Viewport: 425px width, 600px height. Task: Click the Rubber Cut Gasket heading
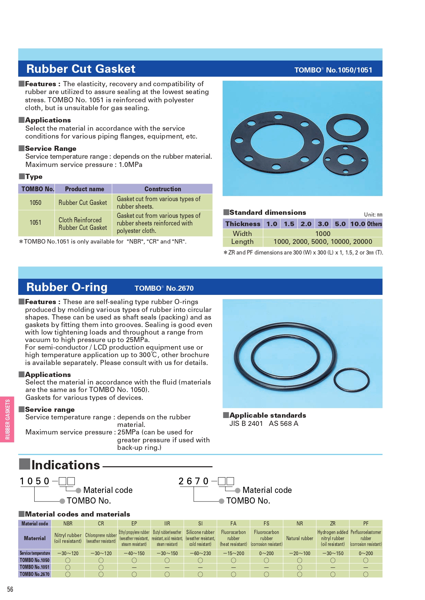81,69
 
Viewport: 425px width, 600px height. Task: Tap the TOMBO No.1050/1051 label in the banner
333,70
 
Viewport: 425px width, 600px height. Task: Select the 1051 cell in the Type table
35,223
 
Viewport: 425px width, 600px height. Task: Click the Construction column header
162,189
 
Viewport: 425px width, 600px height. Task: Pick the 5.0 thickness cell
340,224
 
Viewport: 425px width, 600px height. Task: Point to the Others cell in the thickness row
374,224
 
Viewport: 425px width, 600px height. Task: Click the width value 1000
323,234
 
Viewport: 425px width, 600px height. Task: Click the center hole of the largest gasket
277,141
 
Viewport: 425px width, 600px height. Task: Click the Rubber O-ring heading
67,287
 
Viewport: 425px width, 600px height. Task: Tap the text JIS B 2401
246,423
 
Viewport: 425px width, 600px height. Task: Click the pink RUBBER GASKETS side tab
7,419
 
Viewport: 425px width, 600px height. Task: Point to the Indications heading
65,465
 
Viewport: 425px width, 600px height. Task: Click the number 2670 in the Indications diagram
193,481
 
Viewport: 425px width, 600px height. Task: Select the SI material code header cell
200,523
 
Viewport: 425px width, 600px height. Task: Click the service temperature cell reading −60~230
200,553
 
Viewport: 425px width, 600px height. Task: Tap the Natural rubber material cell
300,538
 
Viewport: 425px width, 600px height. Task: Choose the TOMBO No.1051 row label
35,567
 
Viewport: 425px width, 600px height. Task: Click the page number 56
10,589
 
